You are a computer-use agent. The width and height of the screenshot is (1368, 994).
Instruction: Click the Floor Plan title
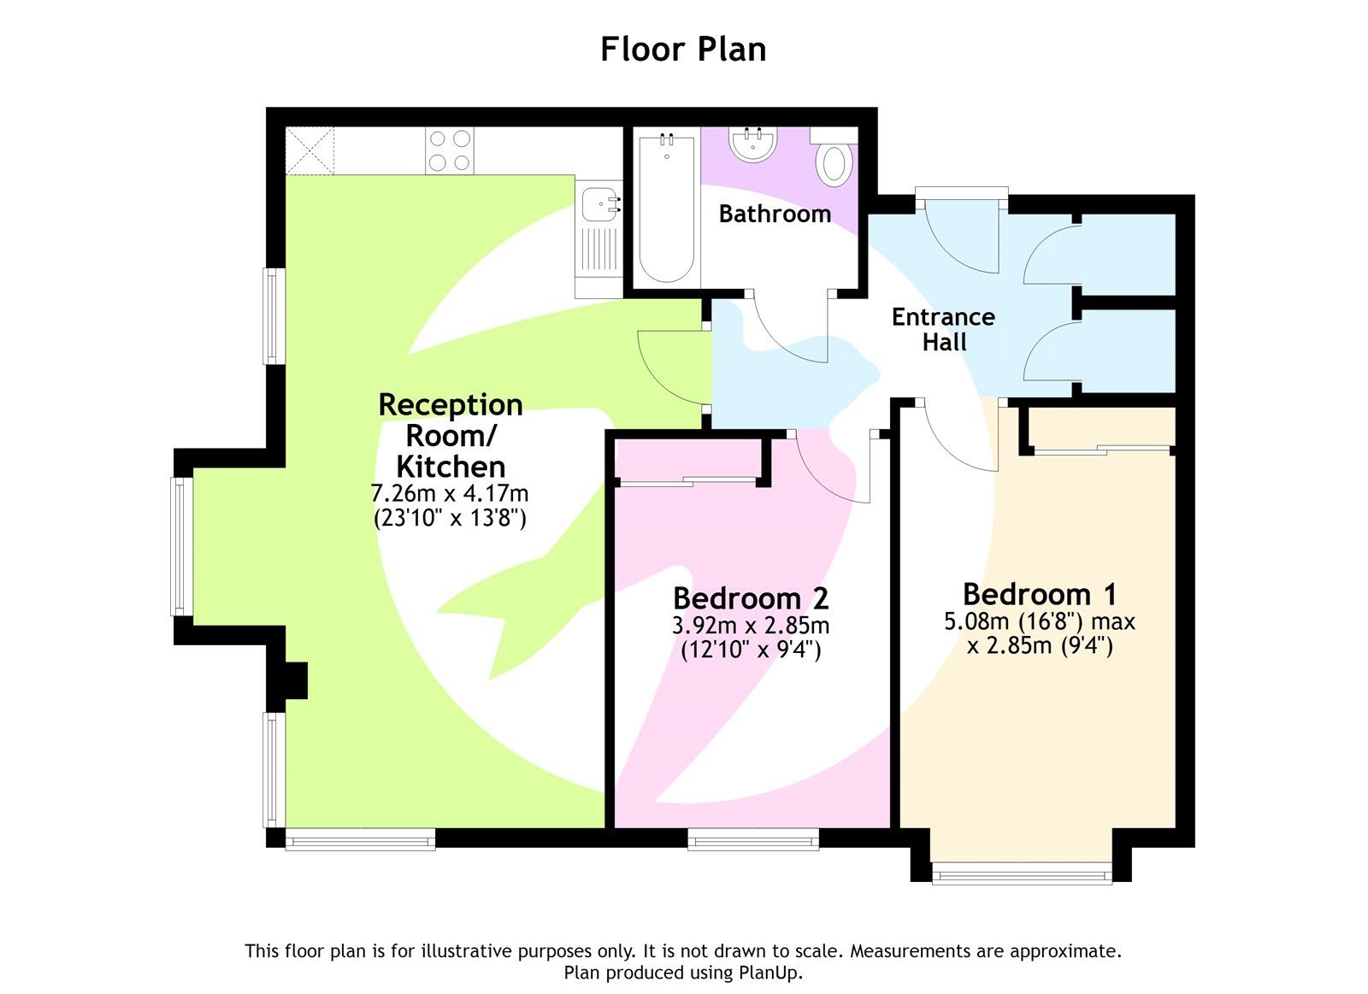(x=682, y=50)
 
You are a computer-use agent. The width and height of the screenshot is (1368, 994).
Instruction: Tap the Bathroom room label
(x=775, y=214)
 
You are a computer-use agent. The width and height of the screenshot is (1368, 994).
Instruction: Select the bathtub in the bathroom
(x=666, y=208)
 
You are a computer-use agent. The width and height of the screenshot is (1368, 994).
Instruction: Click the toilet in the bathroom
(x=834, y=163)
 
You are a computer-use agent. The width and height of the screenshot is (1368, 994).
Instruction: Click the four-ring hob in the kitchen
(x=450, y=150)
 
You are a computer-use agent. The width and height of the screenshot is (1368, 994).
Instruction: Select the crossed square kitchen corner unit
(x=310, y=150)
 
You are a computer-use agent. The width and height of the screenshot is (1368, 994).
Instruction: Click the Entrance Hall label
(x=943, y=329)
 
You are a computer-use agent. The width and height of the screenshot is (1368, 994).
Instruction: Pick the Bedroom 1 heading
(x=1039, y=594)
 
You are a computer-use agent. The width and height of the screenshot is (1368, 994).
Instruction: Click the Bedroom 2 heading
(x=751, y=597)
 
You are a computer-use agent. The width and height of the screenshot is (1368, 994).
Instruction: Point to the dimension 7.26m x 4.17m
(x=449, y=494)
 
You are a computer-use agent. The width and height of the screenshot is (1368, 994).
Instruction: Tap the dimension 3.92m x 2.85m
(x=751, y=626)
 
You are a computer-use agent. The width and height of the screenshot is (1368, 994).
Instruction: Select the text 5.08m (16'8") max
(x=1039, y=621)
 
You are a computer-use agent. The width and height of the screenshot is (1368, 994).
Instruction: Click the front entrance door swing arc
(x=962, y=235)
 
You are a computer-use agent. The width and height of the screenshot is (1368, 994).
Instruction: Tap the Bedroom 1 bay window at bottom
(x=1022, y=873)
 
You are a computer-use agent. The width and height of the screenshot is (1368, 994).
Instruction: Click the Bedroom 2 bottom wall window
(x=753, y=840)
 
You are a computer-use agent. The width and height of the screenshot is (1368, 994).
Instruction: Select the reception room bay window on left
(x=180, y=546)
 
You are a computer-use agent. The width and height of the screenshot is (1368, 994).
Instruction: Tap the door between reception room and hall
(x=675, y=368)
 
